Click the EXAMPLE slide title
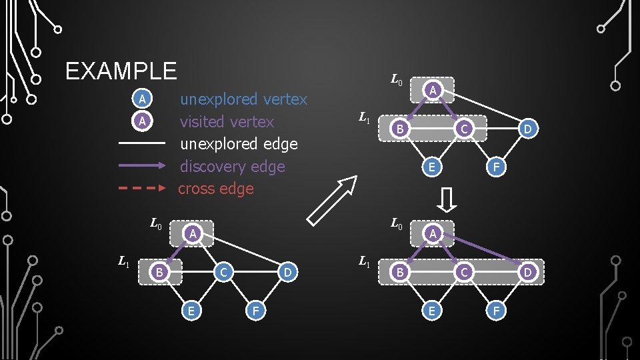[x=121, y=71]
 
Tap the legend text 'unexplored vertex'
[x=243, y=99]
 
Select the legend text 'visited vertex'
[x=227, y=122]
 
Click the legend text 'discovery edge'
[x=232, y=167]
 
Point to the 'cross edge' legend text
[x=216, y=189]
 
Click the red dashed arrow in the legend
[x=141, y=189]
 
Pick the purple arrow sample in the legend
[x=141, y=166]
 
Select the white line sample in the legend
[x=141, y=143]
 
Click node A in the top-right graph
[x=432, y=90]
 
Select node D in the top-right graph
[x=527, y=129]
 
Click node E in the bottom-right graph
[x=432, y=310]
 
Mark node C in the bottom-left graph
[x=224, y=272]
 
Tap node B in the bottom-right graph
[x=399, y=272]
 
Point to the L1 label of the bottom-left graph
[x=124, y=261]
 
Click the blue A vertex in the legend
[x=141, y=99]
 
